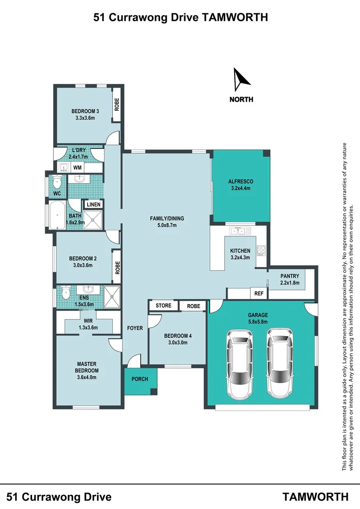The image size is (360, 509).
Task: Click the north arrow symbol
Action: click(240, 80)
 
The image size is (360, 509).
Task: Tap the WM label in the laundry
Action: click(77, 167)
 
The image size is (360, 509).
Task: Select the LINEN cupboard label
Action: click(93, 205)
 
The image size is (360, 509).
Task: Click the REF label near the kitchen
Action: click(259, 294)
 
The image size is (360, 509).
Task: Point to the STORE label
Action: click(164, 305)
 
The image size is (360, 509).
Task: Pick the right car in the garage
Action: click(279, 362)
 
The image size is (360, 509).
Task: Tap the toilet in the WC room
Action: click(57, 182)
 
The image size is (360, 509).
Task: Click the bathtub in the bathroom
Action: click(57, 215)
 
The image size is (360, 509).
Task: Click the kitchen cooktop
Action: click(262, 250)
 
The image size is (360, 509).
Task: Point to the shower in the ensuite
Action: click(112, 297)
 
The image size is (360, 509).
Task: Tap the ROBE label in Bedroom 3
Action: click(117, 105)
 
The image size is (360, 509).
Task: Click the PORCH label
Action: click(140, 379)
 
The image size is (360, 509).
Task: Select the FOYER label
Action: click(135, 328)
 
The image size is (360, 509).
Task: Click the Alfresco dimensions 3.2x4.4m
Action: click(240, 188)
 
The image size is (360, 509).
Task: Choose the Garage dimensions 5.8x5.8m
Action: click(258, 322)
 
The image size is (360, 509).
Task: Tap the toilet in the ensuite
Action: click(66, 293)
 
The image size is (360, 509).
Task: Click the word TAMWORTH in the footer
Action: click(315, 497)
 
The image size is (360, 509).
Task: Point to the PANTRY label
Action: click(290, 276)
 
